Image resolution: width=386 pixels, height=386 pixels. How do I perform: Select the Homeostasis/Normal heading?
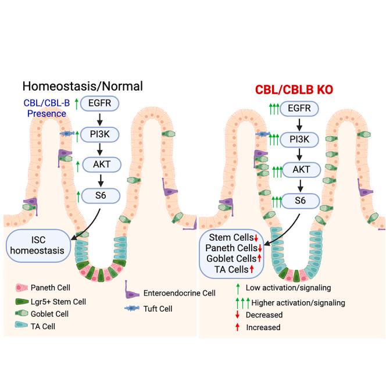83,86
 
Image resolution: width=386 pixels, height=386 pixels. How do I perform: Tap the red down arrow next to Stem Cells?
256,237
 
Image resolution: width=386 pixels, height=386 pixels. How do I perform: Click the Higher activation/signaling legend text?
303,303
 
